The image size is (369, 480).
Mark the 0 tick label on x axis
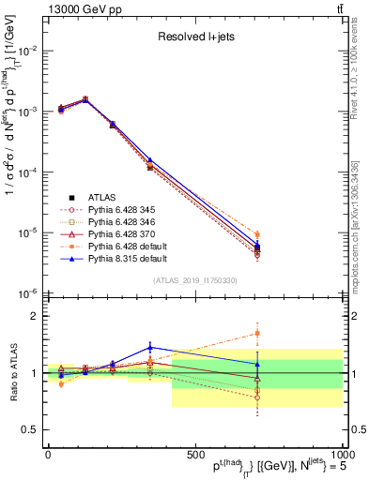point(48,453)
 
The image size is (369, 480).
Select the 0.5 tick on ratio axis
point(30,430)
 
